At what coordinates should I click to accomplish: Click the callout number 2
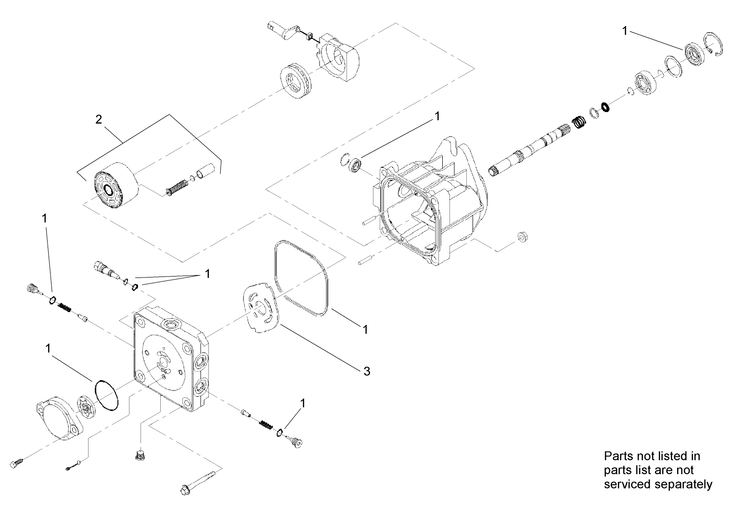coord(99,119)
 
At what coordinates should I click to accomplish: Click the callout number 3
coord(367,371)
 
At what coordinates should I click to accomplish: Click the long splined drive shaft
coord(529,149)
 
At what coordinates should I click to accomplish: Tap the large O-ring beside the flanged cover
coord(106,396)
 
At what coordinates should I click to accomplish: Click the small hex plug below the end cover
coord(140,455)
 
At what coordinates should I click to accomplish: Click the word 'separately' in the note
coord(682,484)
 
